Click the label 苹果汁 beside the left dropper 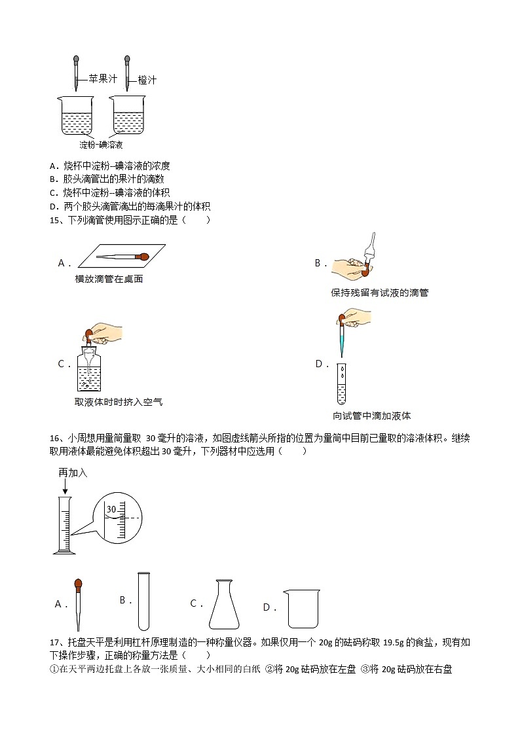click(102, 79)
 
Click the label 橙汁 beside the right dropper click(147, 80)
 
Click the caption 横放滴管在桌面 click(109, 279)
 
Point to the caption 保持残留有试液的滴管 click(380, 293)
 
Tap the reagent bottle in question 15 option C click(92, 370)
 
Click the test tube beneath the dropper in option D click(341, 384)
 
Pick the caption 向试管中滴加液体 click(371, 416)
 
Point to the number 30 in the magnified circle click(111, 509)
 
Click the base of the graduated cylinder click(64, 552)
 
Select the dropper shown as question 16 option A click(79, 603)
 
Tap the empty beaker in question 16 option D click(302, 608)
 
